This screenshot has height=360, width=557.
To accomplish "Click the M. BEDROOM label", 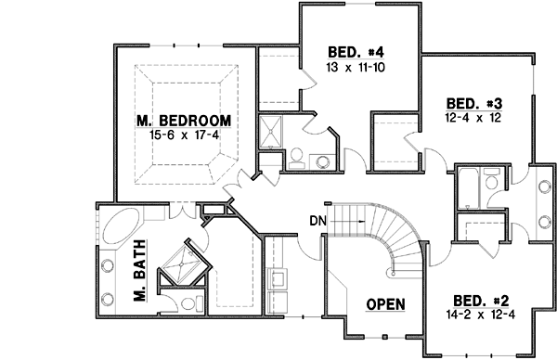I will pyautogui.click(x=182, y=122).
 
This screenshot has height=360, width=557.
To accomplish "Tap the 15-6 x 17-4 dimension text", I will pyautogui.click(x=183, y=135).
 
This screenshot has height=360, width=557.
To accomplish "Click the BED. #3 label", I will pyautogui.click(x=468, y=103).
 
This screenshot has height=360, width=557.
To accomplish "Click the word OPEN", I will pyautogui.click(x=383, y=304).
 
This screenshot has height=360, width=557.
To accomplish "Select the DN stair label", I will pyautogui.click(x=317, y=221).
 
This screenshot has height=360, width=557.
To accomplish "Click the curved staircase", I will pyautogui.click(x=390, y=237).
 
